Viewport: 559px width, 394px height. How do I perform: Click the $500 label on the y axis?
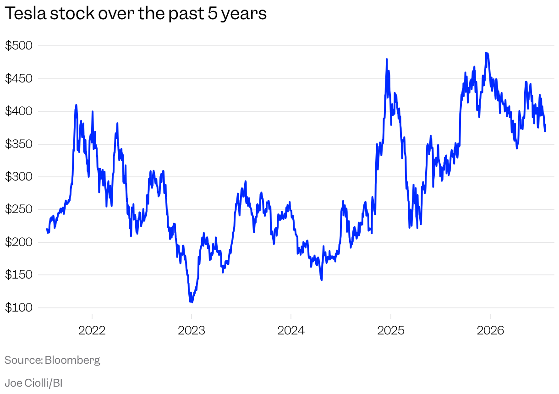19,46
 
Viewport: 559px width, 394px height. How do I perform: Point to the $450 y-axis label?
19,79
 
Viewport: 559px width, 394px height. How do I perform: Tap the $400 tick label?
19,111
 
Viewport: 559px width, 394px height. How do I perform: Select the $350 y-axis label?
19,144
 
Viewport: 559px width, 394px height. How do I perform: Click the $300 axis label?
19,177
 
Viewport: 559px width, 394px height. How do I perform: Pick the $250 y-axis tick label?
19,209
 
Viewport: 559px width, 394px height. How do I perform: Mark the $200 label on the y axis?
19,242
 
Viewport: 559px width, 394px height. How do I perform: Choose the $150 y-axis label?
19,275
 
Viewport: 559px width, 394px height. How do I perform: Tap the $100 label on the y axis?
19,308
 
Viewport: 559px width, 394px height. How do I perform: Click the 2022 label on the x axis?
92,331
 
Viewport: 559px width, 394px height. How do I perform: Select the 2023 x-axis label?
192,331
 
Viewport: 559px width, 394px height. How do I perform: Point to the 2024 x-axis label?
291,331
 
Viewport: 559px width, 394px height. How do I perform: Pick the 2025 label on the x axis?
391,331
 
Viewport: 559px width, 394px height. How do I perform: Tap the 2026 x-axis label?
490,331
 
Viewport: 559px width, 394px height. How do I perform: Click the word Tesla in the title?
26,13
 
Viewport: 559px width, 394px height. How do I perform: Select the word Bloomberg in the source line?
72,361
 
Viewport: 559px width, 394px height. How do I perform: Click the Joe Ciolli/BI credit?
33,383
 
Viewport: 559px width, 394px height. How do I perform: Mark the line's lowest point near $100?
192,302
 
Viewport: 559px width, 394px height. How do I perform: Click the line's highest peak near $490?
486,53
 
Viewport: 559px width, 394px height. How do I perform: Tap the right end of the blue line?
545,125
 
